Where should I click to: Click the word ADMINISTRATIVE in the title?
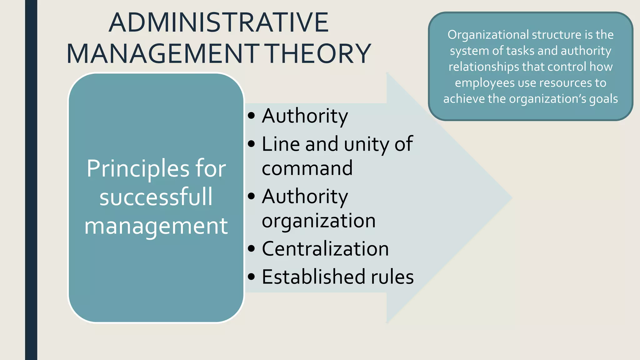pos(218,22)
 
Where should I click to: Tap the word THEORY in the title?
pos(319,54)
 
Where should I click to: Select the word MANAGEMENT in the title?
pos(163,54)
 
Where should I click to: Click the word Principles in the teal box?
pos(138,169)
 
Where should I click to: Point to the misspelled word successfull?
pos(156,197)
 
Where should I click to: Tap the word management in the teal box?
pos(156,226)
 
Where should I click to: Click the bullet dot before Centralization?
pos(251,249)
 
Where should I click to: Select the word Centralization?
pos(325,249)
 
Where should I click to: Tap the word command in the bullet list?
pos(307,168)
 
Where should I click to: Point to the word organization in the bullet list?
pos(319,221)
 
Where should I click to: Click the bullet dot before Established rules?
pos(251,277)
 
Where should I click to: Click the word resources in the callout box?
pos(566,83)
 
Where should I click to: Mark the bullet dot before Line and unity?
pos(251,144)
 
